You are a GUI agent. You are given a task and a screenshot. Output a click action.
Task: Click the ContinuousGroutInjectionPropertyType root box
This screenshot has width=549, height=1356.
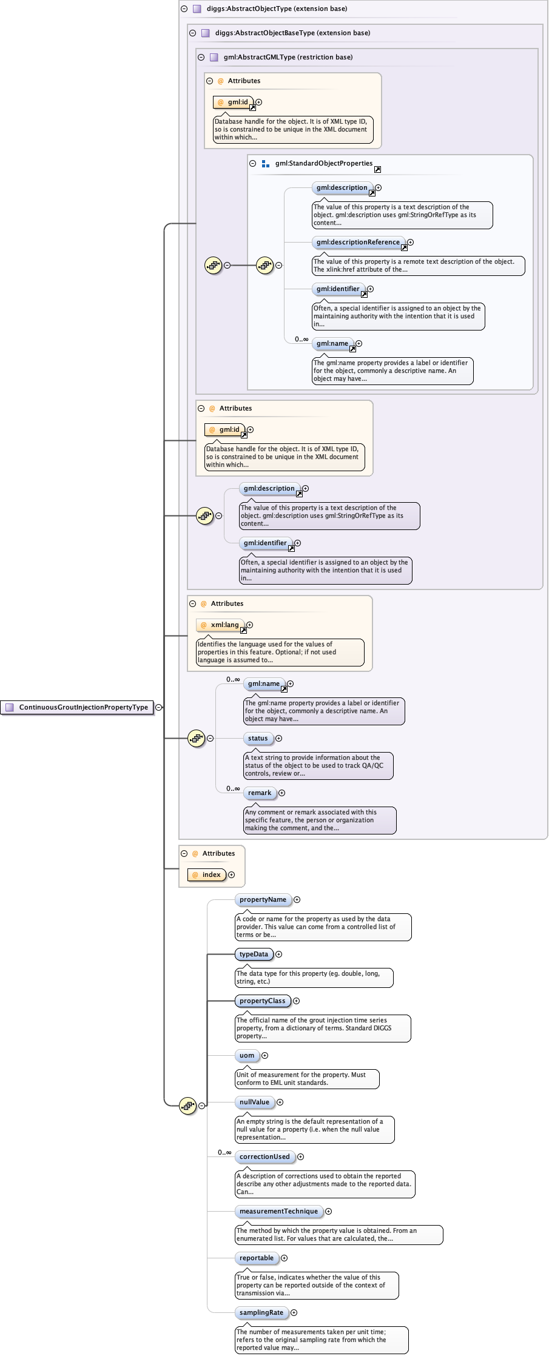point(77,707)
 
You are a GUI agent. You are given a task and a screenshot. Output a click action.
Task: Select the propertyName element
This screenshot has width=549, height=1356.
point(263,899)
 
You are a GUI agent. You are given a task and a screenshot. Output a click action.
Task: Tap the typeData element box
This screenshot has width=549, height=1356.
point(254,954)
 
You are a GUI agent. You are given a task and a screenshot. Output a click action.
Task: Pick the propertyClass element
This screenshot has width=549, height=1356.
point(262,1001)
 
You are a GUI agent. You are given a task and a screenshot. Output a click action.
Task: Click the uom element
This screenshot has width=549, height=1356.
point(247,1055)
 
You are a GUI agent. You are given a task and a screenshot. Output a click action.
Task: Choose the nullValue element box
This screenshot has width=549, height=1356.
point(254,1102)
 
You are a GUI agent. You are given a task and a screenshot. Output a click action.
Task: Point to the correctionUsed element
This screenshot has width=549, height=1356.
point(264,1156)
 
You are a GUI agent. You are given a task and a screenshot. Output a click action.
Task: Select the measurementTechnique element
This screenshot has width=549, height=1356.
point(278,1211)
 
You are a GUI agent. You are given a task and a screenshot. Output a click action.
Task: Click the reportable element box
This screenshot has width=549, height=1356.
point(257,1258)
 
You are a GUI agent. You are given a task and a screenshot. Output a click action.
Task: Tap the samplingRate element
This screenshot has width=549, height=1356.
point(261,1312)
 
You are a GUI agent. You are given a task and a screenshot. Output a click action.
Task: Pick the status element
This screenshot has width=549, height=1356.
point(258,738)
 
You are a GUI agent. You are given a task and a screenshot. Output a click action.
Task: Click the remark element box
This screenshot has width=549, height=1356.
point(260,793)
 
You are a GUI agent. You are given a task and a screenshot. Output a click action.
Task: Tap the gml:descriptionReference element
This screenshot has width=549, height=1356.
point(358,242)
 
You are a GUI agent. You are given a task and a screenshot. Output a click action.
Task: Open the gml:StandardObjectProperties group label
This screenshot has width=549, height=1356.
point(323,163)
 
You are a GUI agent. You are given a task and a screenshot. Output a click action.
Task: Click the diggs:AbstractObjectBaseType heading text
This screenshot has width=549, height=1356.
point(292,33)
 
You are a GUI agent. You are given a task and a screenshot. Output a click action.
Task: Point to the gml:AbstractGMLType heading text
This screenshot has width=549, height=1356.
point(288,57)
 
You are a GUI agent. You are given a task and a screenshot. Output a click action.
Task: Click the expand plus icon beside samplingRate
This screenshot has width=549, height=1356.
point(294,1312)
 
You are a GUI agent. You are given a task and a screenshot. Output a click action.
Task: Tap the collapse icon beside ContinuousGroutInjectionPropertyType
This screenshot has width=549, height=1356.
point(159,707)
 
